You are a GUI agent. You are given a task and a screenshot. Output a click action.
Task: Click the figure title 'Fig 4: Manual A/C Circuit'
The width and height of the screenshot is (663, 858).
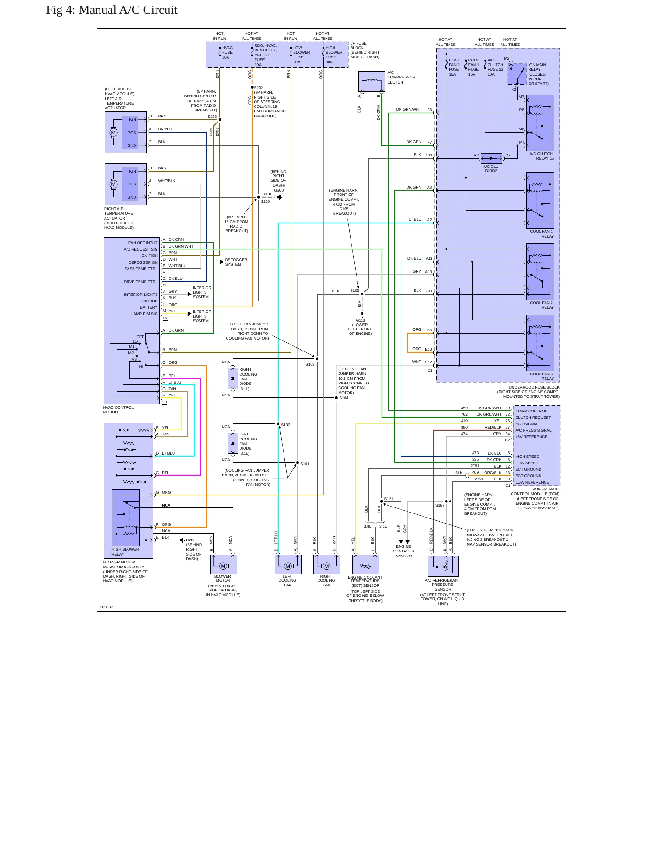pyautogui.click(x=111, y=10)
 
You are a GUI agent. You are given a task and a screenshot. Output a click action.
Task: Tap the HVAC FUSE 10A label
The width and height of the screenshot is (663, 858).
pyautogui.click(x=227, y=53)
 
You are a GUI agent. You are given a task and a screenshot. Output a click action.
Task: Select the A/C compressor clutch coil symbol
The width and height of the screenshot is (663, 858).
pyautogui.click(x=372, y=82)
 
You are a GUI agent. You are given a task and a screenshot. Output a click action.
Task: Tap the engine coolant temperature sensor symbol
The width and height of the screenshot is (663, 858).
pyautogui.click(x=366, y=565)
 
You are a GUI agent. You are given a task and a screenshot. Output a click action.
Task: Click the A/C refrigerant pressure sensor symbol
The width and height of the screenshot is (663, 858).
pyautogui.click(x=443, y=566)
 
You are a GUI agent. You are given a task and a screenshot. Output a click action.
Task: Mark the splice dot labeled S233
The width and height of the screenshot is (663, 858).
pyautogui.click(x=220, y=120)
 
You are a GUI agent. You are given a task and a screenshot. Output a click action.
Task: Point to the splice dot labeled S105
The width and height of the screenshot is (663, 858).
pyautogui.click(x=362, y=294)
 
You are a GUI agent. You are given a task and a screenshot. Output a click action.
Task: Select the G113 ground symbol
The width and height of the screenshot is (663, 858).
pyautogui.click(x=362, y=315)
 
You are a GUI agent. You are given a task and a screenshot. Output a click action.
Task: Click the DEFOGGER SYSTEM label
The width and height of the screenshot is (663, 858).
pyautogui.click(x=236, y=262)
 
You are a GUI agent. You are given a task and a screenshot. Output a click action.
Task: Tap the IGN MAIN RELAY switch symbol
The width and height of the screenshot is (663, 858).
pyautogui.click(x=517, y=74)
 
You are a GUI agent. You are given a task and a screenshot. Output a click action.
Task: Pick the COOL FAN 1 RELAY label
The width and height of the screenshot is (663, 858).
pyautogui.click(x=542, y=234)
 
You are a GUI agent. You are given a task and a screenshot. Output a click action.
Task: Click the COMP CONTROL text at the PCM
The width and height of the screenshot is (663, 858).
pyautogui.click(x=531, y=411)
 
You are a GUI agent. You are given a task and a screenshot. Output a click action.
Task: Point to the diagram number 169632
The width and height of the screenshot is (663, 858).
pyautogui.click(x=106, y=607)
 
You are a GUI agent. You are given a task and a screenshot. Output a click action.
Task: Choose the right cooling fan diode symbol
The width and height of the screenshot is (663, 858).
pyautogui.click(x=233, y=379)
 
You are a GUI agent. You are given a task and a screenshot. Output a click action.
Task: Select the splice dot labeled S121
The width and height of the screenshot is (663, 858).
pyautogui.click(x=381, y=501)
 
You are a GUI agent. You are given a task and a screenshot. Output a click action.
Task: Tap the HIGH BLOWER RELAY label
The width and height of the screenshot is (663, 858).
pyautogui.click(x=125, y=552)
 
